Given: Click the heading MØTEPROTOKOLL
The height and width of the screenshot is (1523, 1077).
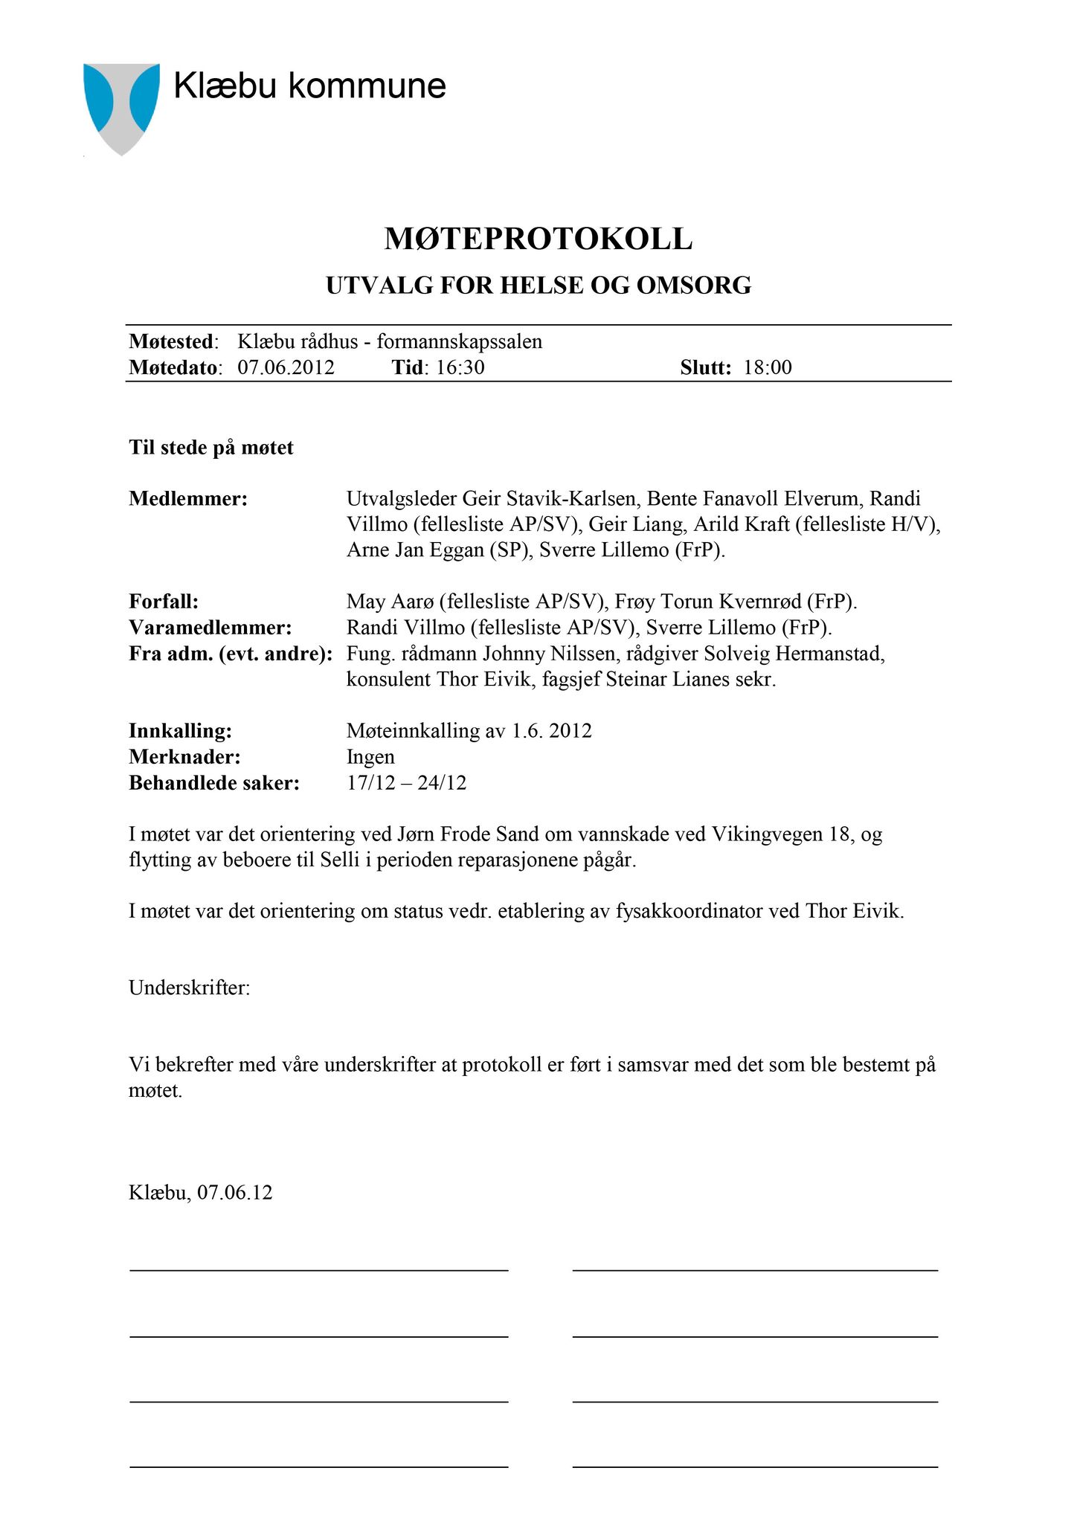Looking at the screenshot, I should pyautogui.click(x=538, y=239).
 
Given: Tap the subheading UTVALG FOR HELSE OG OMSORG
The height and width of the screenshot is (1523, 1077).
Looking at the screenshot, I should pyautogui.click(x=538, y=286).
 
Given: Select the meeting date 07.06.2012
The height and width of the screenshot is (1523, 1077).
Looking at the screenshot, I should pyautogui.click(x=286, y=367).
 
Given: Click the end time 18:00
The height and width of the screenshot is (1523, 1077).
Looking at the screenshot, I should pyautogui.click(x=768, y=367).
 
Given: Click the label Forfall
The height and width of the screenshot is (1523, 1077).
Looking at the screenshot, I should pyautogui.click(x=164, y=601).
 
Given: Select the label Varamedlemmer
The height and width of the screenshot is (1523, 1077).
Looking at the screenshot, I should pyautogui.click(x=210, y=628).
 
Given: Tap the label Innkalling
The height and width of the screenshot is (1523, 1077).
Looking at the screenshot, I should pyautogui.click(x=180, y=731).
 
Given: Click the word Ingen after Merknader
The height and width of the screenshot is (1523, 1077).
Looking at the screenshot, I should pyautogui.click(x=370, y=757).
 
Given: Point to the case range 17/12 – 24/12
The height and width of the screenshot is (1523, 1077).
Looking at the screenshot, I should pyautogui.click(x=407, y=783).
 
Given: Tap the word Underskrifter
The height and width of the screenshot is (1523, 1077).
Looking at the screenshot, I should pyautogui.click(x=190, y=988).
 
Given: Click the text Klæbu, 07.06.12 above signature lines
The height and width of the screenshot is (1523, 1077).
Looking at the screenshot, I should pyautogui.click(x=201, y=1193).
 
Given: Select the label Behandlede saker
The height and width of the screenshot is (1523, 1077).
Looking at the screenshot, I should pyautogui.click(x=214, y=783).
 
